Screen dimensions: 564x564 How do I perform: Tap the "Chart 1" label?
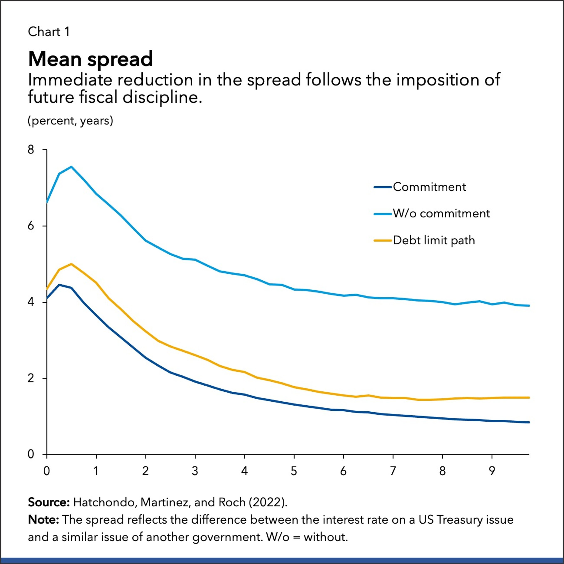[x=49, y=32]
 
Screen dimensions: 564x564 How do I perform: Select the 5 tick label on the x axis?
[x=294, y=471]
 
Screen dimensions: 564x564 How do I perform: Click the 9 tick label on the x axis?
[x=492, y=471]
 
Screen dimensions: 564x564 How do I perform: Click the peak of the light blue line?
[x=72, y=167]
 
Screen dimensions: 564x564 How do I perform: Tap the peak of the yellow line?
[x=72, y=264]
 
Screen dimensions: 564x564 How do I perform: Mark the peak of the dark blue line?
[x=60, y=285]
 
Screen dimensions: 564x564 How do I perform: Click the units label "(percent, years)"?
[x=70, y=121]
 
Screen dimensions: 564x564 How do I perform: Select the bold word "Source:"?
[x=49, y=502]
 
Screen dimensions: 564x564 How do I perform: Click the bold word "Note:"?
[x=44, y=520]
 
